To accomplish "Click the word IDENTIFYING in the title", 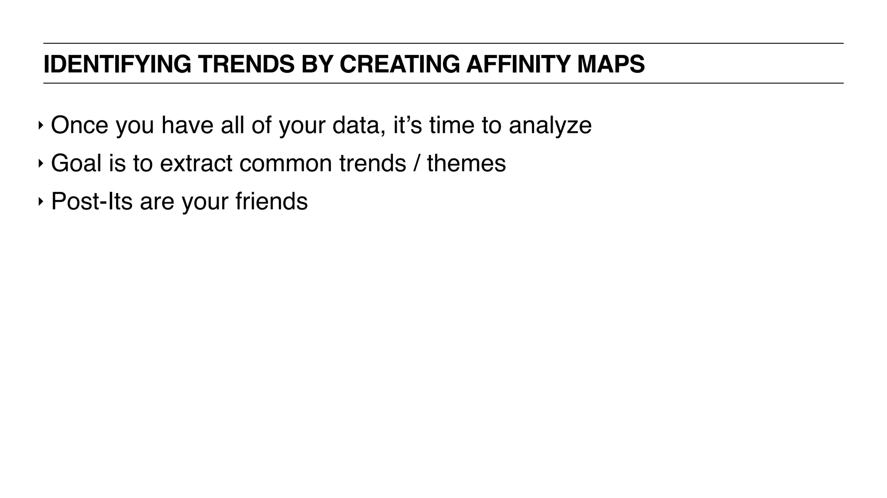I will tap(117, 64).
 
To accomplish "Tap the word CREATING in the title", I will tap(399, 64).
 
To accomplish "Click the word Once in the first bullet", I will tap(79, 125).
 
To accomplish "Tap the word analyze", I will tap(550, 125).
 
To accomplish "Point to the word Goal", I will tap(76, 163).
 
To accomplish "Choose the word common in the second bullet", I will tap(286, 163).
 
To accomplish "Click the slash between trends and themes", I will tap(417, 163).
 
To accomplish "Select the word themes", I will tap(466, 163).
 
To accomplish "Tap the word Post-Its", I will tap(92, 201).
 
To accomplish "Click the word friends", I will tap(272, 201).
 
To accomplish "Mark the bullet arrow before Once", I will tap(40, 126).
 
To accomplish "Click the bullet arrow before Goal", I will tap(40, 164).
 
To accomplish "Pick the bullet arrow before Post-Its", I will tap(40, 202).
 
